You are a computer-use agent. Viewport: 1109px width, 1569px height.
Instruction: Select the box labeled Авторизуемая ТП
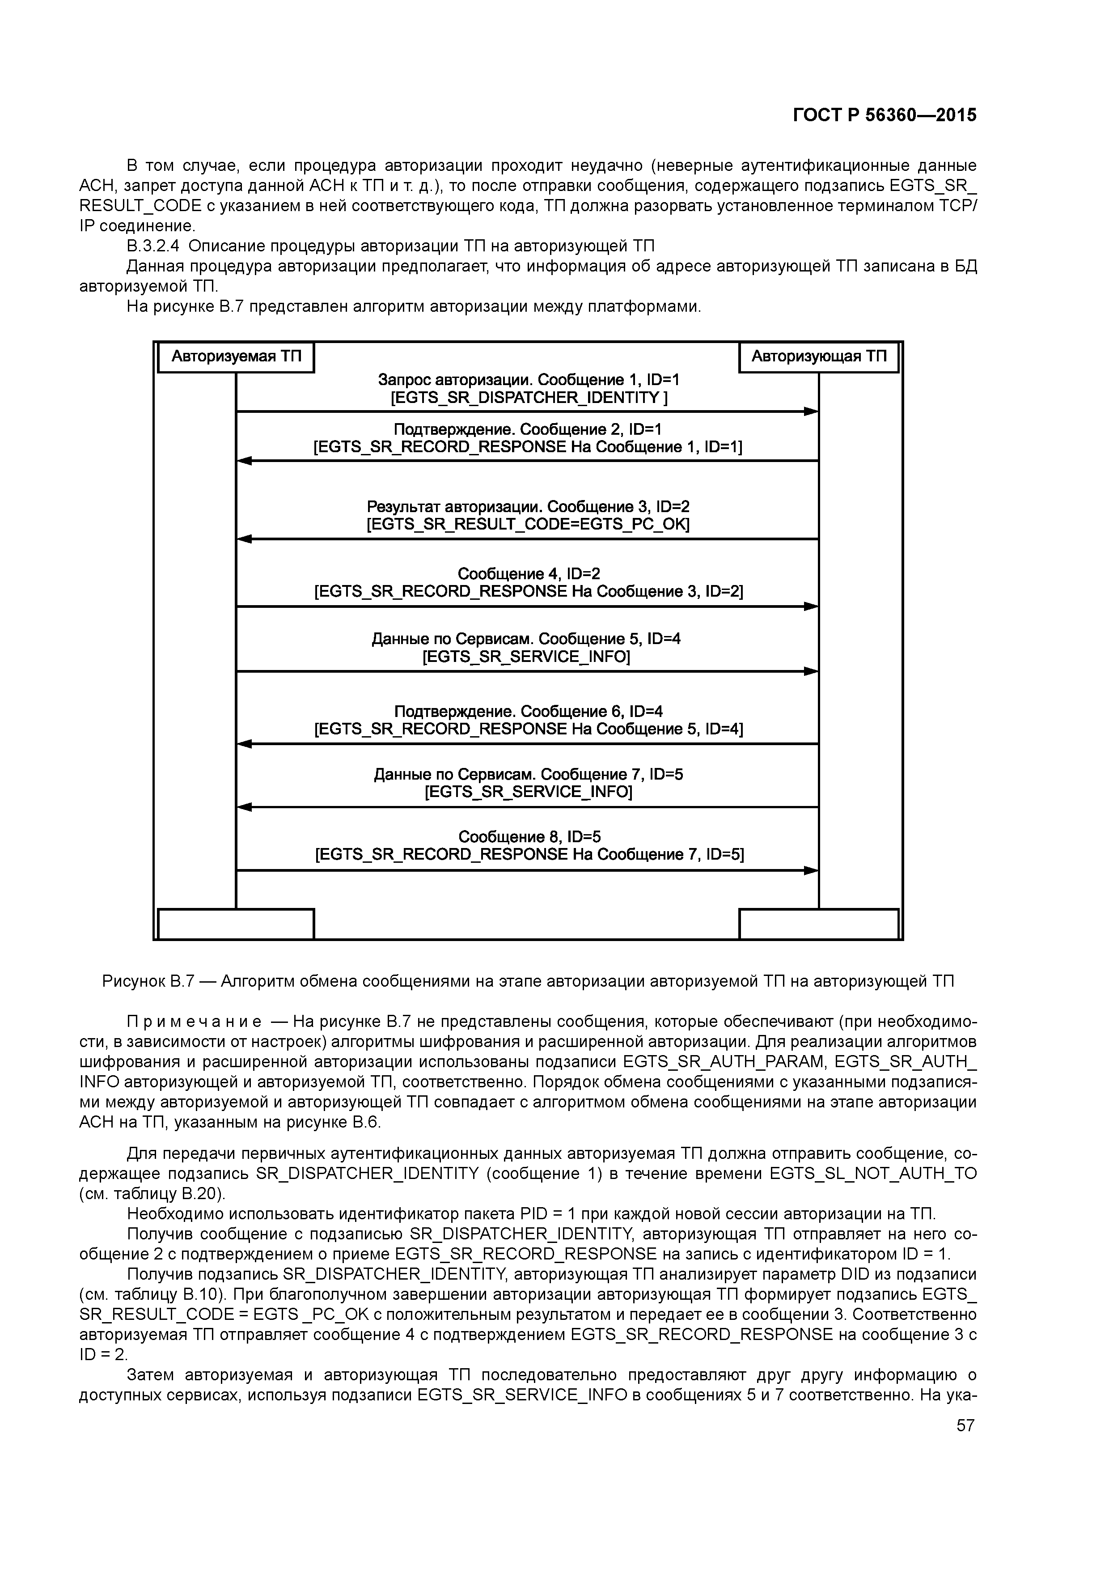point(236,357)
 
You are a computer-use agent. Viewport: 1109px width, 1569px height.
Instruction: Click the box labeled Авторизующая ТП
point(819,357)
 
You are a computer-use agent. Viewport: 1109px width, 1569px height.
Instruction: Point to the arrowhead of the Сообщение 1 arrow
point(811,411)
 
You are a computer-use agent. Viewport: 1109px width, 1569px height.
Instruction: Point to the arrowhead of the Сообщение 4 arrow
point(811,606)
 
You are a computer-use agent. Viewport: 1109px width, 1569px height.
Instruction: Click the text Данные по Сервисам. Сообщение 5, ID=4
point(526,639)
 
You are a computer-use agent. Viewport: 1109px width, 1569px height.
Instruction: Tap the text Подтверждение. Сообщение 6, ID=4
point(528,712)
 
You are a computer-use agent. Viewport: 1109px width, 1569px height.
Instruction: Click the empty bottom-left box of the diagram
point(236,924)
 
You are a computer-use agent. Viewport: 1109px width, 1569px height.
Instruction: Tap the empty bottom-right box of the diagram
point(819,924)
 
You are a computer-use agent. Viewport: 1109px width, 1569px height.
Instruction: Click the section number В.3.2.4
point(153,246)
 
